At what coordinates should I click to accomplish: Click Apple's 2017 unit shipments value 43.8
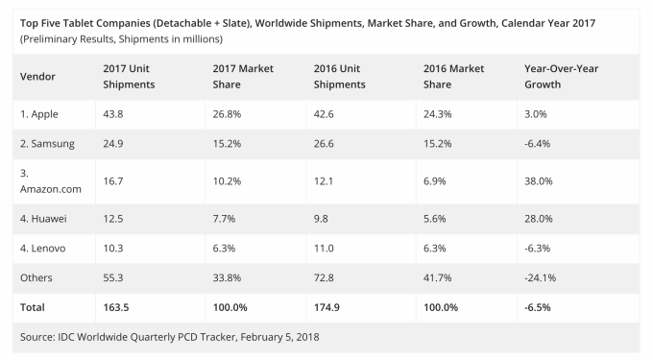pyautogui.click(x=114, y=113)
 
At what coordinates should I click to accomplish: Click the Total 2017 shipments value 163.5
pyautogui.click(x=118, y=310)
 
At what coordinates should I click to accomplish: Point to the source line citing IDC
pyautogui.click(x=169, y=337)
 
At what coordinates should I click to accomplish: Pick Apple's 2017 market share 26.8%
pyautogui.click(x=227, y=113)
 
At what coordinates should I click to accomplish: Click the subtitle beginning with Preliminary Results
pyautogui.click(x=121, y=38)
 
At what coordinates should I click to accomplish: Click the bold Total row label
pyautogui.click(x=34, y=310)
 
